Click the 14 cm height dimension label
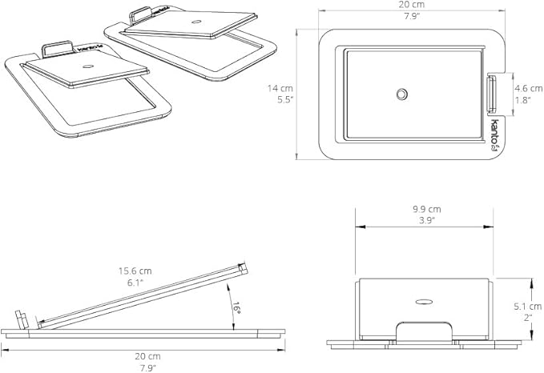click(280, 88)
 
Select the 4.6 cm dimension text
click(529, 89)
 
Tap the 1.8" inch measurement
click(523, 101)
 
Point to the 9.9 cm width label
click(427, 210)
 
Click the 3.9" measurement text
click(426, 221)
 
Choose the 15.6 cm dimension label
click(135, 271)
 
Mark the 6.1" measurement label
click(135, 283)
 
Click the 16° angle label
click(236, 308)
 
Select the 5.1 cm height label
click(528, 307)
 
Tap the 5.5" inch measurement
click(285, 100)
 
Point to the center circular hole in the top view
click(401, 94)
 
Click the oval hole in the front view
click(424, 302)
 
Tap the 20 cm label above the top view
click(412, 5)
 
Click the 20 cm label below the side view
click(147, 356)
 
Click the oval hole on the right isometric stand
click(197, 22)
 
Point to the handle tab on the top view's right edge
click(492, 94)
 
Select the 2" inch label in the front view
click(528, 318)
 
